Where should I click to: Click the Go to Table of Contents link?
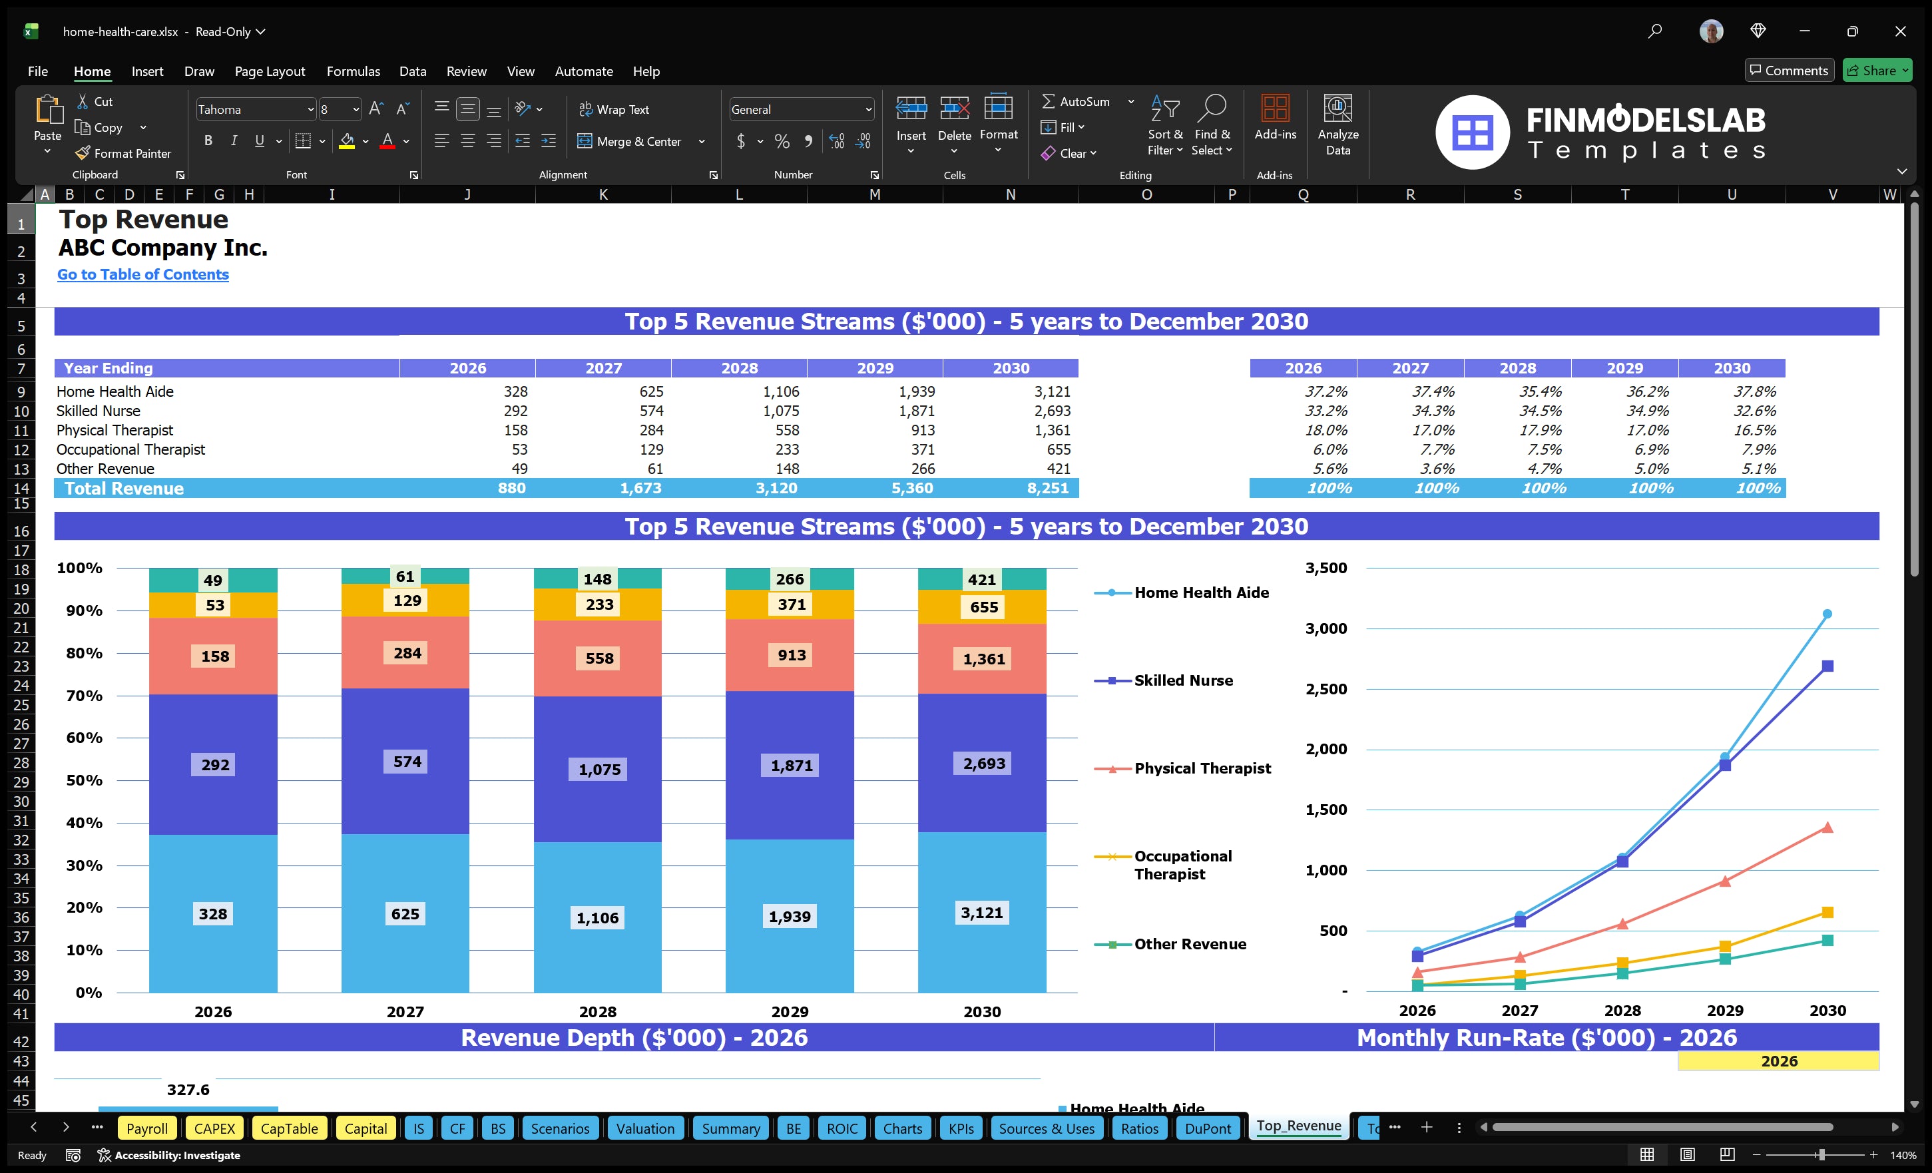point(142,274)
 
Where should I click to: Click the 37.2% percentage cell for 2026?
point(1325,391)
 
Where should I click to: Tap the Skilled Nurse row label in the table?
point(98,411)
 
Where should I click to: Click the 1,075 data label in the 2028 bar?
point(599,769)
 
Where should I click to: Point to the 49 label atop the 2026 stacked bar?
point(212,581)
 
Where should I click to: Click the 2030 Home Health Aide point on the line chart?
point(1827,614)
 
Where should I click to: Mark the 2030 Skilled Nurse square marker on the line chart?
point(1827,666)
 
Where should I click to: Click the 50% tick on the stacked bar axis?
point(84,780)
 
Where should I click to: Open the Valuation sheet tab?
point(644,1128)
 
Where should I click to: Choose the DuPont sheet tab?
point(1208,1128)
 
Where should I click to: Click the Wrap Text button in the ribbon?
point(614,110)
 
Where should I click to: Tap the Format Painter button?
point(123,154)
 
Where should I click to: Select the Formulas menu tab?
point(353,71)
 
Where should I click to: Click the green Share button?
point(1876,71)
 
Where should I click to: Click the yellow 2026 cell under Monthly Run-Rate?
point(1778,1061)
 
